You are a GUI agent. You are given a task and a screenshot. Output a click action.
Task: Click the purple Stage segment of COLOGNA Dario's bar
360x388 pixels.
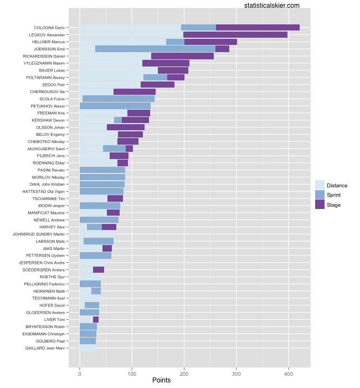click(x=258, y=28)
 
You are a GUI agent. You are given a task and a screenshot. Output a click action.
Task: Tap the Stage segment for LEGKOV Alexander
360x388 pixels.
click(x=235, y=35)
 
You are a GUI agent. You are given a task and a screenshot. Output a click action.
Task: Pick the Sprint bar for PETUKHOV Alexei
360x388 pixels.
click(x=115, y=106)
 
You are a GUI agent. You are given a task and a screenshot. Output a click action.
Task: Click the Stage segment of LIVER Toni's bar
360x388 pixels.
click(x=96, y=320)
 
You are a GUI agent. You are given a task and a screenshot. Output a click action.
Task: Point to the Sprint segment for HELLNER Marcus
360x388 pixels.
click(x=175, y=42)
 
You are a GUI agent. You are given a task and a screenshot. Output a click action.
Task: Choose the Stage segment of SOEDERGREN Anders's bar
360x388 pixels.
click(x=99, y=270)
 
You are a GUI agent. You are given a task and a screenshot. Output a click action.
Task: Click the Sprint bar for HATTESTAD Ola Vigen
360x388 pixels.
click(x=101, y=191)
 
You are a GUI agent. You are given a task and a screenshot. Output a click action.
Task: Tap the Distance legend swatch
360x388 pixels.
click(x=320, y=185)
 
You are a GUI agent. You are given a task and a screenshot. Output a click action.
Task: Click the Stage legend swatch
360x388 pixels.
click(x=320, y=205)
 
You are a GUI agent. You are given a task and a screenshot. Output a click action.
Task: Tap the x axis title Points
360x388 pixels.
click(x=161, y=381)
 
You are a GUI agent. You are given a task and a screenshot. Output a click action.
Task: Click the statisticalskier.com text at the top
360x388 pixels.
click(x=271, y=6)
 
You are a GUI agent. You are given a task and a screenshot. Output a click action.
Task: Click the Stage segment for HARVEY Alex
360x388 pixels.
click(x=109, y=227)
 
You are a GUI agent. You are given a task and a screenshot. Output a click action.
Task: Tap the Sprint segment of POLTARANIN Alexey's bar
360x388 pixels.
click(x=155, y=78)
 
